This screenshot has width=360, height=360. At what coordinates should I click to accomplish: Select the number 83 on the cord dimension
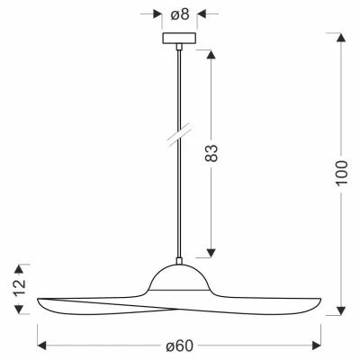click(x=212, y=153)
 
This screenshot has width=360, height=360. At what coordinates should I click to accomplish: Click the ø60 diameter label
click(x=181, y=344)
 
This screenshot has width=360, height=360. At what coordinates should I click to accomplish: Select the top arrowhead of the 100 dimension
click(x=340, y=38)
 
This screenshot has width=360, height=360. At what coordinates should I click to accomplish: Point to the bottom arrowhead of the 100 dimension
click(x=340, y=310)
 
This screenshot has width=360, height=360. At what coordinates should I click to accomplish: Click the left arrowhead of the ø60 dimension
click(x=41, y=344)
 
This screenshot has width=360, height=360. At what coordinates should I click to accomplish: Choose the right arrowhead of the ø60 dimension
click(x=319, y=344)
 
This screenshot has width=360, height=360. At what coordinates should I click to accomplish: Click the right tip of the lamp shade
click(x=322, y=301)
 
